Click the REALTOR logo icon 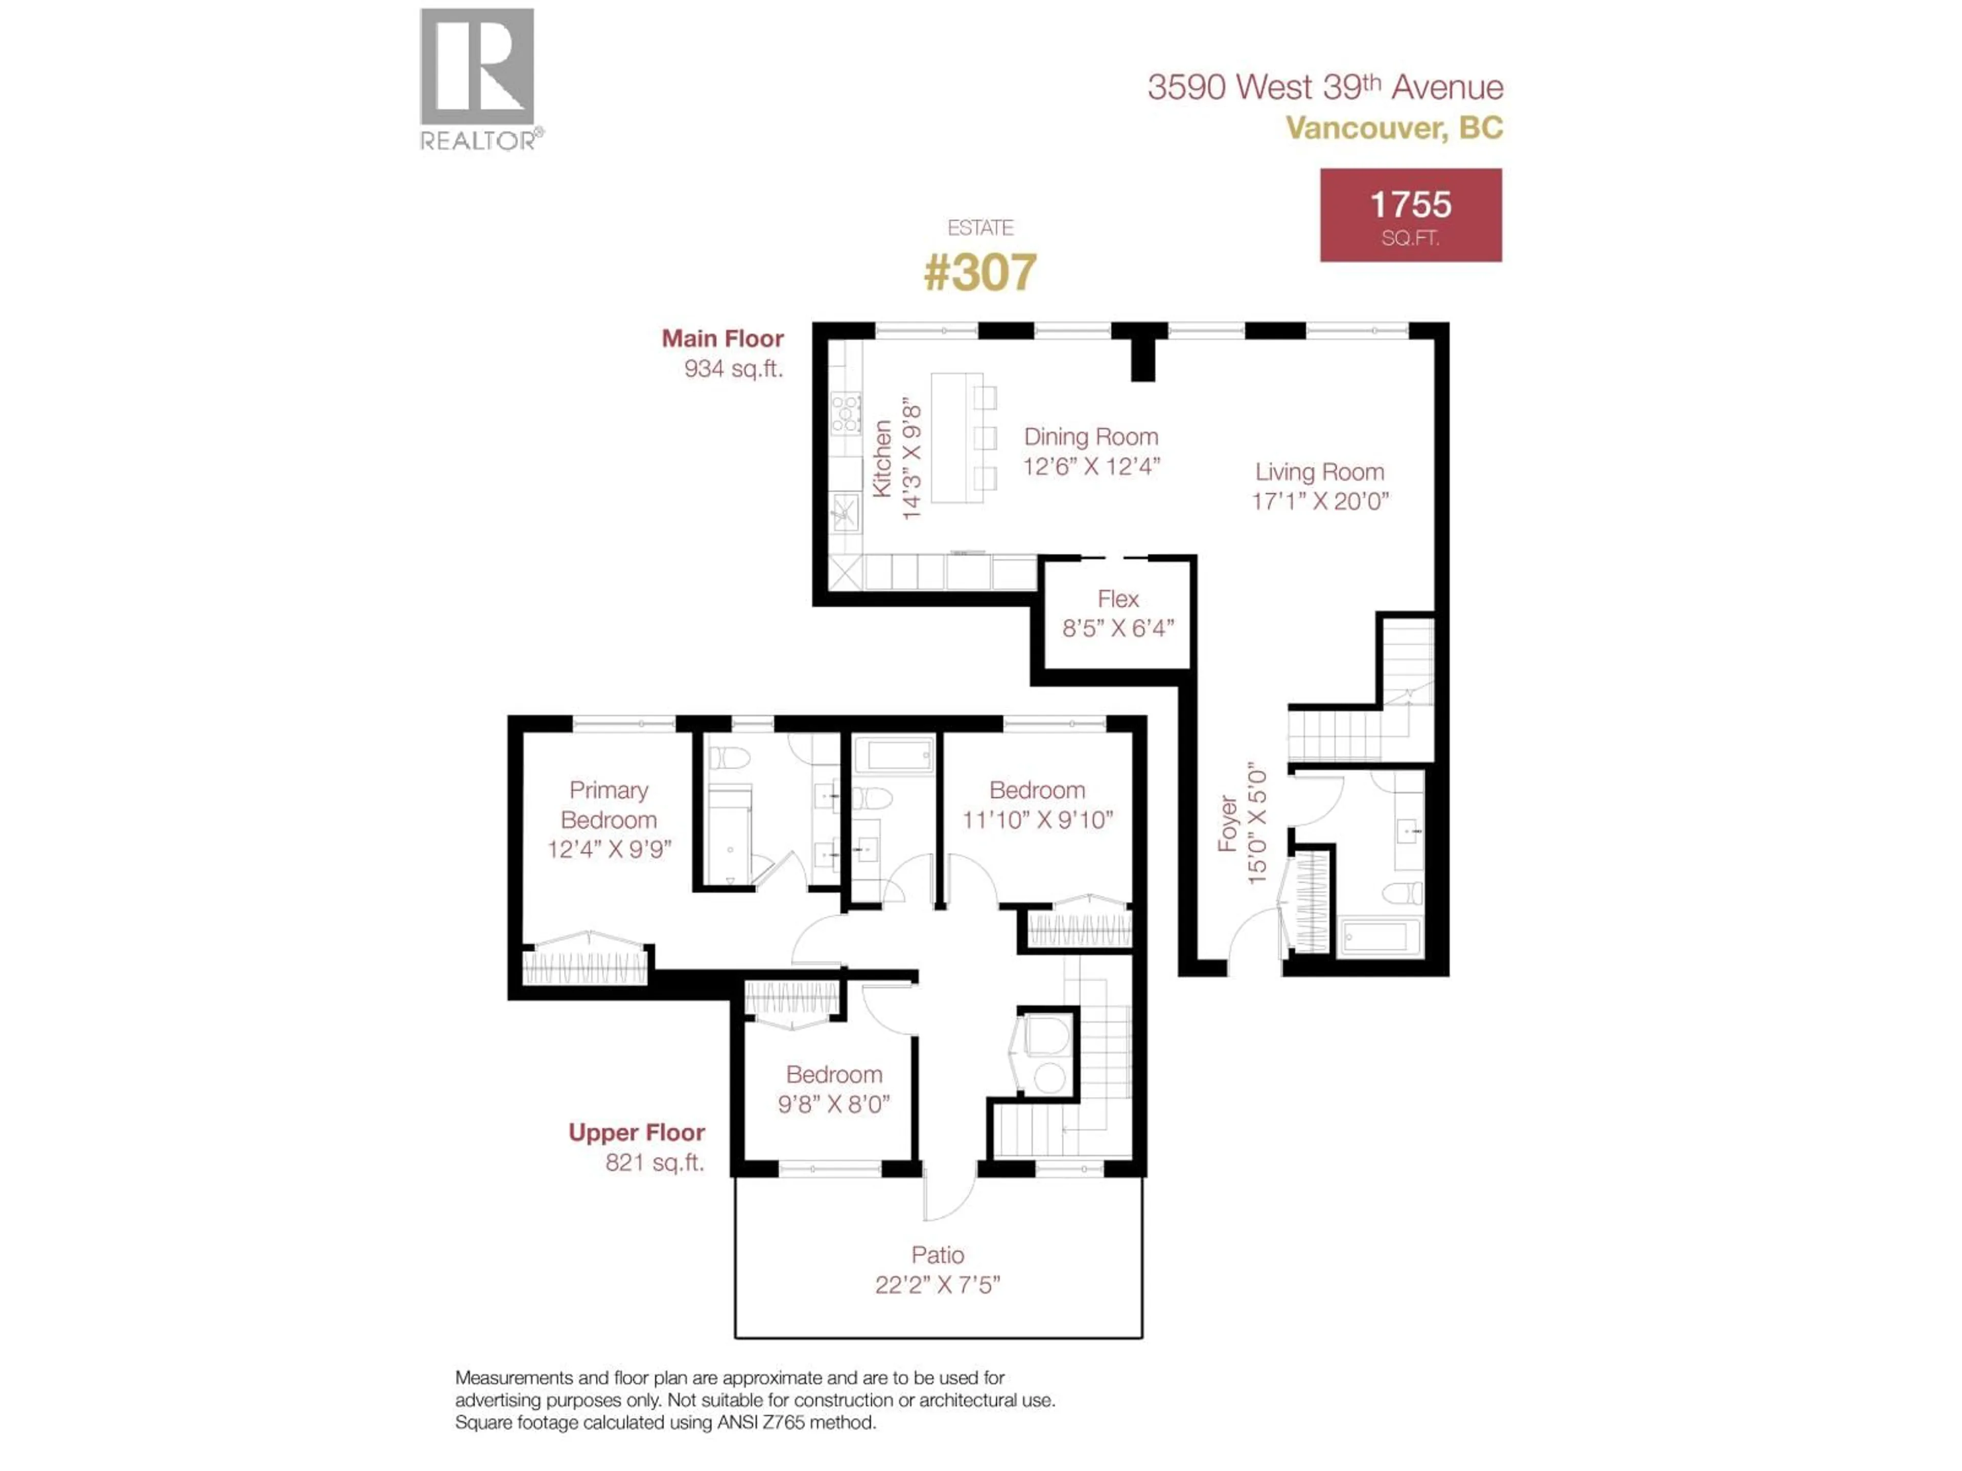click(x=476, y=67)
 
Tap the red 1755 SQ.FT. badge click(x=1410, y=216)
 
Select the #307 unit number click(x=980, y=272)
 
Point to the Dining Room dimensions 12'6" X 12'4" click(x=1091, y=466)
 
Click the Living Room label click(x=1319, y=472)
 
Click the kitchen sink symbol click(x=845, y=512)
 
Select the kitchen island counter click(x=956, y=438)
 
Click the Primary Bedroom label click(x=609, y=804)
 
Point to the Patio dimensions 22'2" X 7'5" click(x=938, y=1285)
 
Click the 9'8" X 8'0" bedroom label click(x=834, y=1104)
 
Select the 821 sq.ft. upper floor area click(x=655, y=1162)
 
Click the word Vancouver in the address click(x=1365, y=129)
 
